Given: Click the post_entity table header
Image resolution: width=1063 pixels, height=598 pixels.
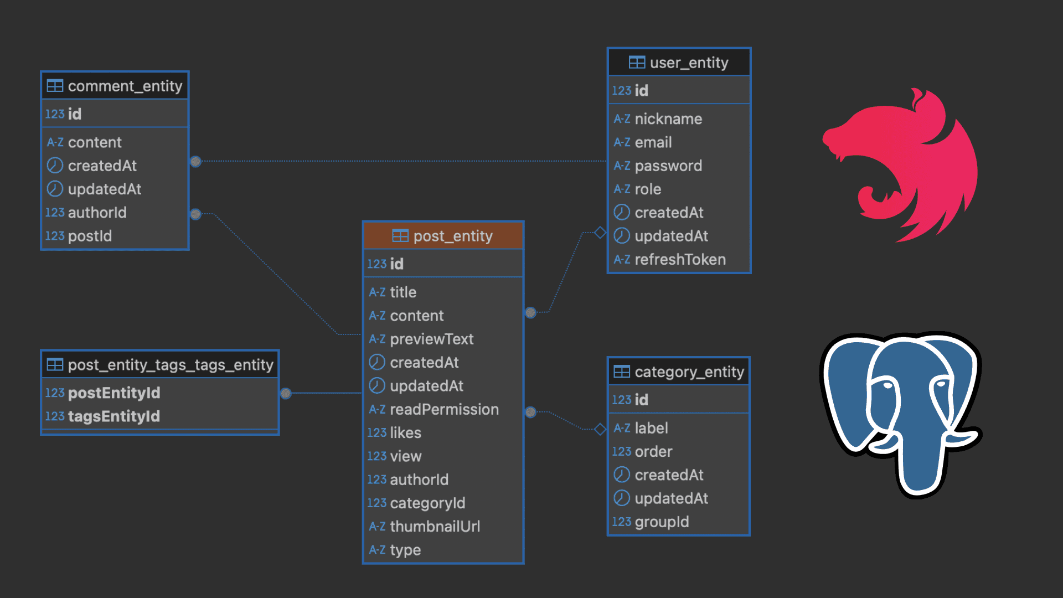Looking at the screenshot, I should (x=443, y=236).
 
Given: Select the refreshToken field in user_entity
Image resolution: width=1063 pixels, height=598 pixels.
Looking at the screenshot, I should (x=679, y=259).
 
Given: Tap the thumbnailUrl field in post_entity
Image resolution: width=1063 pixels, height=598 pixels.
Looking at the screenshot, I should (x=435, y=526).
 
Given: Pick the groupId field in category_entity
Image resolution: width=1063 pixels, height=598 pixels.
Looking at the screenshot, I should (x=662, y=522).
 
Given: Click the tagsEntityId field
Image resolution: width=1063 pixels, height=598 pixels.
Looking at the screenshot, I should (x=113, y=416).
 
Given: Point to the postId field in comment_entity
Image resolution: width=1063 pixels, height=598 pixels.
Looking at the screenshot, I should (x=90, y=236).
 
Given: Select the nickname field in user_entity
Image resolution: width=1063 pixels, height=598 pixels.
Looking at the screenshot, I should (x=668, y=118).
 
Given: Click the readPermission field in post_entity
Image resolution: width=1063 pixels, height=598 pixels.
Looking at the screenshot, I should (x=444, y=409).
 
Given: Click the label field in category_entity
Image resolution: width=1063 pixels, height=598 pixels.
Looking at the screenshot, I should (x=651, y=428).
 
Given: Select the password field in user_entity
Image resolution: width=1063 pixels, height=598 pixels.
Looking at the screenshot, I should (x=668, y=166).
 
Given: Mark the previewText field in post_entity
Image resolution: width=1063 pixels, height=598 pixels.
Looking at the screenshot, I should (x=431, y=339).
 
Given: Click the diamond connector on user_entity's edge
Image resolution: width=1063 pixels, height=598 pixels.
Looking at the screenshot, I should (x=600, y=233).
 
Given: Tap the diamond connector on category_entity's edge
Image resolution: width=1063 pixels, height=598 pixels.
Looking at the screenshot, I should (x=600, y=429).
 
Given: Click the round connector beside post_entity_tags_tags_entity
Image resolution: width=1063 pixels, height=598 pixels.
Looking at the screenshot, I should (x=286, y=393).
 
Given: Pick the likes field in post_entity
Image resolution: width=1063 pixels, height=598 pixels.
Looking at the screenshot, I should (x=405, y=432).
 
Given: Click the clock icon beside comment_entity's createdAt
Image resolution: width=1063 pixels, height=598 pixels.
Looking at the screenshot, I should (x=55, y=166).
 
